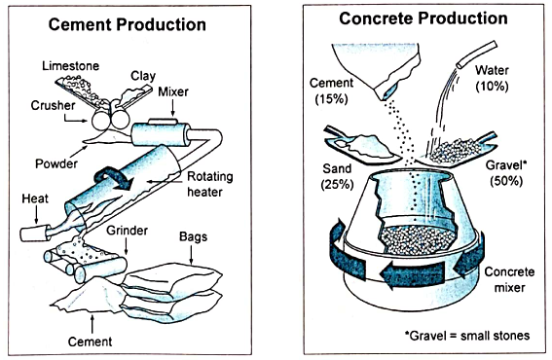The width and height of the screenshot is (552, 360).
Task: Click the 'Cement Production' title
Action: coord(128,25)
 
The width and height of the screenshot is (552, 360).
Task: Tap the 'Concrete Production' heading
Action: coord(423,18)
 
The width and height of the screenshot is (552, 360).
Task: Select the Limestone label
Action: coord(71,66)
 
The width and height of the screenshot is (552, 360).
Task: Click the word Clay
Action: coord(143,76)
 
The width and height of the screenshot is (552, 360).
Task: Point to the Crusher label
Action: coord(53,105)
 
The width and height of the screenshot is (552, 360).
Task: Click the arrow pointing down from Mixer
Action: coord(172,107)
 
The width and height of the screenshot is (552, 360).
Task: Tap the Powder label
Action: coord(56,163)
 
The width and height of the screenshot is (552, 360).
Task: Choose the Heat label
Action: coord(35,198)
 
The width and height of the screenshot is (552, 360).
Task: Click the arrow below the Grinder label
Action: coord(127,246)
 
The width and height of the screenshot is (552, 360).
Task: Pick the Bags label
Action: coord(193,236)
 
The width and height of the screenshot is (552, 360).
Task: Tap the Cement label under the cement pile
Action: coord(91,342)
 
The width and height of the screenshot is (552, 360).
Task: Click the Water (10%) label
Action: coord(492,78)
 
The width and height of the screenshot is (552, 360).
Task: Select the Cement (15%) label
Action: coord(331,90)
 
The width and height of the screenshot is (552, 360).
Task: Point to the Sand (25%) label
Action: coord(337,176)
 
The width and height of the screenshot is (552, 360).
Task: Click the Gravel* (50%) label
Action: coord(506,173)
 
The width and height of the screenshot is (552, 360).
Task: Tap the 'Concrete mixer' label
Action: coord(509,280)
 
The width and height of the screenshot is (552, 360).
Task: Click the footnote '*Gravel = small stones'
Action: coord(467,336)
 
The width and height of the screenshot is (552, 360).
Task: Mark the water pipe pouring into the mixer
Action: coord(477,54)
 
